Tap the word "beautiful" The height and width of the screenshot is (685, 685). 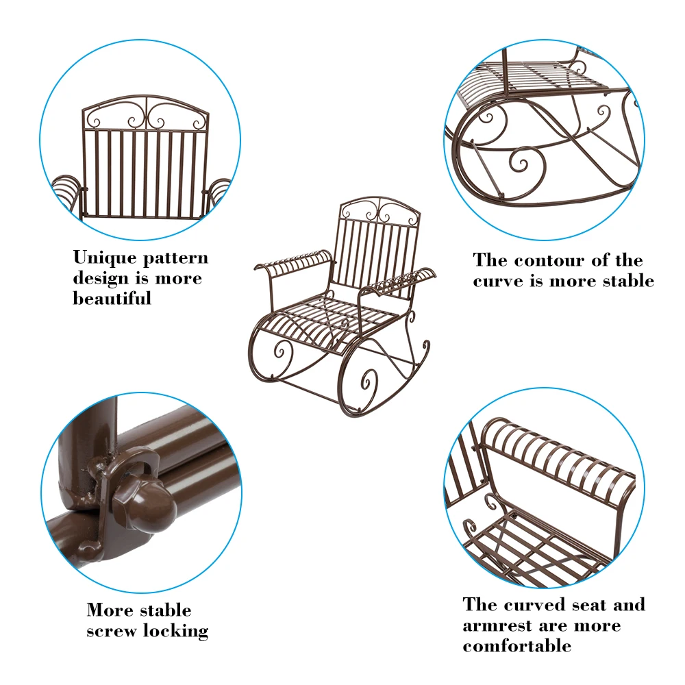[x=112, y=299]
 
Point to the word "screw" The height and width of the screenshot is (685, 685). [x=112, y=632]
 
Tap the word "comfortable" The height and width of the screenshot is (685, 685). [x=516, y=646]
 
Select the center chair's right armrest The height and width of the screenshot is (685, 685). [x=402, y=280]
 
